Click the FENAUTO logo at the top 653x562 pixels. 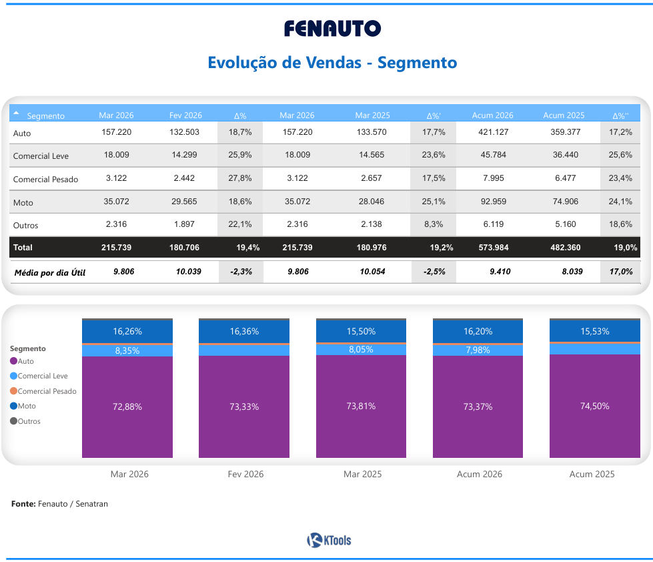click(x=332, y=28)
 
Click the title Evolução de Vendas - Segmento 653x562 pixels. click(x=332, y=63)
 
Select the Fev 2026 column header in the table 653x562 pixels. click(x=185, y=115)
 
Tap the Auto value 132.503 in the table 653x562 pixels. click(x=185, y=132)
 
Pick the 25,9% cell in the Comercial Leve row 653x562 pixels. click(x=239, y=155)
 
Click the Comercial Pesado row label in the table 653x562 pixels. click(x=45, y=179)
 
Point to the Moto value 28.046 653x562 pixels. click(x=372, y=202)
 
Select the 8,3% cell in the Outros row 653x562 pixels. click(x=434, y=224)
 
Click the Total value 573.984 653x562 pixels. click(x=494, y=248)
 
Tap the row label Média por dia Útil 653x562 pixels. click(x=50, y=272)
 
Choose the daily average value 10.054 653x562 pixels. click(x=372, y=272)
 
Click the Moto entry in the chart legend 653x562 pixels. click(x=27, y=406)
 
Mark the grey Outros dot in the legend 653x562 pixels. click(x=14, y=421)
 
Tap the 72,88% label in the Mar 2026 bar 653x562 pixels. click(x=127, y=406)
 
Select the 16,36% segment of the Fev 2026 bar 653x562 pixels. click(x=244, y=331)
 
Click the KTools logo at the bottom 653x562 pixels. click(x=329, y=541)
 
